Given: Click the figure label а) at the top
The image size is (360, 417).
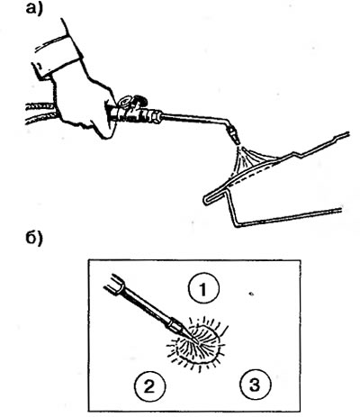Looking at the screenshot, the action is (34, 9).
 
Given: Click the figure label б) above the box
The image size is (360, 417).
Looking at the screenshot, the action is (34, 238).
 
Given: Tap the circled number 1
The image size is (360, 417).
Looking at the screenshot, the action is (203, 288).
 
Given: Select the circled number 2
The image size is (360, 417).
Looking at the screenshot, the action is (149, 386).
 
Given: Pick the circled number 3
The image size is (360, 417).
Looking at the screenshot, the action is (255, 385).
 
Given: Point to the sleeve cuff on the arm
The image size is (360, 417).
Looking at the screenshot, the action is (57, 57).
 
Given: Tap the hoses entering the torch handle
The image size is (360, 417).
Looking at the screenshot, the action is (40, 113).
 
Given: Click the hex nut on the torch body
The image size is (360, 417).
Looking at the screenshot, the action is (156, 116).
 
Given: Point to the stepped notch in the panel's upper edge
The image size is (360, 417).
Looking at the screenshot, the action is (300, 154).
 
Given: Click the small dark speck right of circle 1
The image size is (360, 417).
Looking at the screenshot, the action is (251, 294).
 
